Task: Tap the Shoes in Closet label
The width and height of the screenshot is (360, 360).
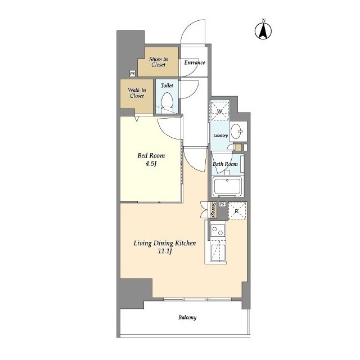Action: tap(159, 62)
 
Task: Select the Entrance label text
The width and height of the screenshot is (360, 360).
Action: tap(195, 62)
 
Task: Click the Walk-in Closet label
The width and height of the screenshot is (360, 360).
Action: tap(137, 93)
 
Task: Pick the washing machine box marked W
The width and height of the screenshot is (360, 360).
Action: tap(220, 111)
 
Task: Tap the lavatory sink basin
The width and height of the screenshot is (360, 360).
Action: tap(236, 131)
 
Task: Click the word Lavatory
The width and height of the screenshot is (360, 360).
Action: tap(220, 136)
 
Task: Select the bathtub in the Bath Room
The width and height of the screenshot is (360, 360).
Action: tap(227, 186)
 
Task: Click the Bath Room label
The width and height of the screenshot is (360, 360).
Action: tap(225, 164)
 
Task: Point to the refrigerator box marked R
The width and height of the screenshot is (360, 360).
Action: tap(237, 211)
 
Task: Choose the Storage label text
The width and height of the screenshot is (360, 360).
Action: tap(213, 210)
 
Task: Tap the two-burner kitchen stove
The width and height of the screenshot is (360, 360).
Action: tap(218, 231)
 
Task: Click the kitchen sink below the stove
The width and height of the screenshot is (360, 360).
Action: tap(218, 253)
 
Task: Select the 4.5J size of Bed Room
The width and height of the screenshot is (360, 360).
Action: tap(151, 164)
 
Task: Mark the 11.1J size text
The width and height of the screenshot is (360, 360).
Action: tap(165, 251)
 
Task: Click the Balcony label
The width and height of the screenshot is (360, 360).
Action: tap(187, 317)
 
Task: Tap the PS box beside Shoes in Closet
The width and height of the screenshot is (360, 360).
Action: tap(132, 74)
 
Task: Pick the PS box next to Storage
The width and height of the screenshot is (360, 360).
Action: tap(222, 204)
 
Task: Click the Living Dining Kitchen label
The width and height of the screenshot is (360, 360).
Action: tap(165, 243)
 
